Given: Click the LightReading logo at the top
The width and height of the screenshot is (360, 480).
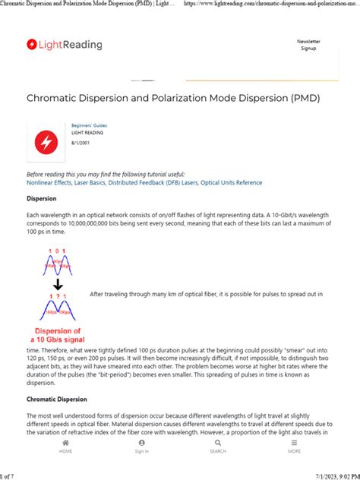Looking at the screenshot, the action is (64, 45).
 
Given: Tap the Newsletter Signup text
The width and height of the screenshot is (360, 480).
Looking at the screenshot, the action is (308, 45).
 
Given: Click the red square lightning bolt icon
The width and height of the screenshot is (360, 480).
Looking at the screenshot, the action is (46, 141).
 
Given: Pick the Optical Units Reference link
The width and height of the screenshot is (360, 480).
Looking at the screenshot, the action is (231, 183).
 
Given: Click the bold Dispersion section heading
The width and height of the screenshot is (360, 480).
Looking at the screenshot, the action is (42, 200).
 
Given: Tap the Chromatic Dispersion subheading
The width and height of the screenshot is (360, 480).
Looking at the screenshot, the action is (57, 399).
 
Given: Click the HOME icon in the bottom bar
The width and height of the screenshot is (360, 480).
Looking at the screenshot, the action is (65, 442).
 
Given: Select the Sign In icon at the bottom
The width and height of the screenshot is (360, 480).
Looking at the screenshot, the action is (141, 442).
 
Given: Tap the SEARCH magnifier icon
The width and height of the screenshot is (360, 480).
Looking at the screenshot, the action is (218, 442).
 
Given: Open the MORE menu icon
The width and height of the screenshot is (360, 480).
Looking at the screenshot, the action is (294, 442).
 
